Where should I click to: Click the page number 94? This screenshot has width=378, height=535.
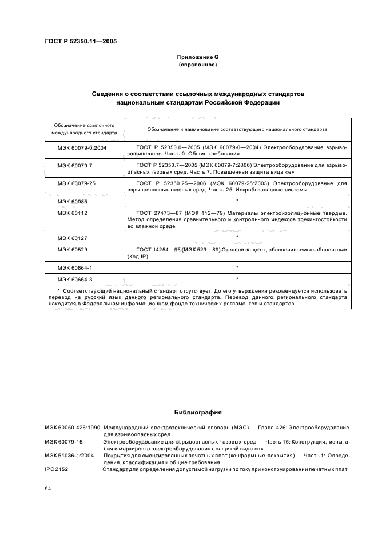49,489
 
